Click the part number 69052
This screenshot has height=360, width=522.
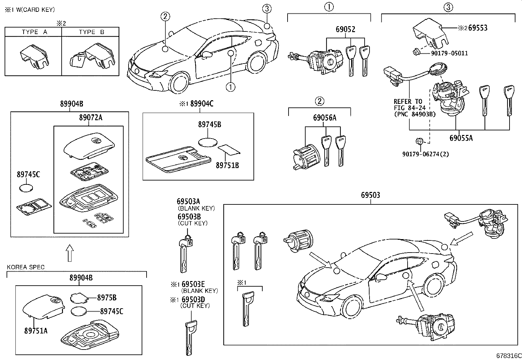(x=345, y=29)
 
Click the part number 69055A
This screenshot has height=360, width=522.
(x=461, y=138)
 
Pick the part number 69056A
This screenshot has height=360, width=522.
(x=325, y=118)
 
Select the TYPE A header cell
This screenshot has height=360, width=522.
(x=34, y=32)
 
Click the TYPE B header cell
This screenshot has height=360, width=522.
(x=91, y=32)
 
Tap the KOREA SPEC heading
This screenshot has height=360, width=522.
(x=26, y=267)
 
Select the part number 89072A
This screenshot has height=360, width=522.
(x=90, y=117)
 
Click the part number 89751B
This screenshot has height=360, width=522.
(x=227, y=165)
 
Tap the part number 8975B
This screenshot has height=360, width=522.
(x=107, y=298)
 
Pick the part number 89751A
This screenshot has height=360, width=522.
(x=36, y=331)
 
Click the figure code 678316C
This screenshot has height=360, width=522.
(x=508, y=356)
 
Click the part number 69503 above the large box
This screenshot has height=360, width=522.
(x=371, y=195)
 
